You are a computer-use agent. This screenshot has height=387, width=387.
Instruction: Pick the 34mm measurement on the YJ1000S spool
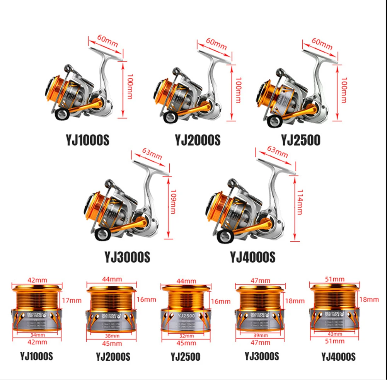pos(34,334)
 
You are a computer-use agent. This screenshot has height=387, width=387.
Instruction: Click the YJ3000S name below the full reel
pos(127,257)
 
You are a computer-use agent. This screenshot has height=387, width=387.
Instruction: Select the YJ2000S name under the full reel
pos(197,140)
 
